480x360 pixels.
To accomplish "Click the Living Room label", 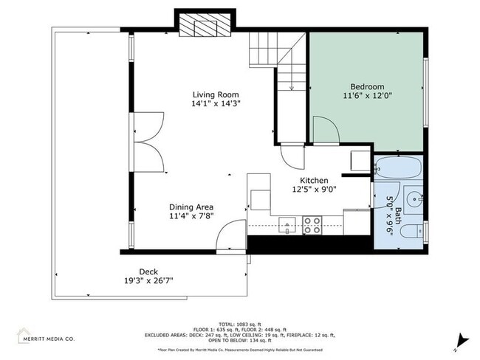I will click(x=216, y=94).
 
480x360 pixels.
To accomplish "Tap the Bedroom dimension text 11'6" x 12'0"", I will click(x=367, y=95).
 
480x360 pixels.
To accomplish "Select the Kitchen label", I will click(x=313, y=180).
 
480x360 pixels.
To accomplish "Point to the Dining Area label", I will click(x=192, y=207).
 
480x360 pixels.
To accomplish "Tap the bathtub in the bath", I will click(x=397, y=168).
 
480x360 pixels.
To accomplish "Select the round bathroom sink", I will click(x=414, y=198).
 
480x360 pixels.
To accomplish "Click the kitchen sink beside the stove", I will click(x=288, y=224).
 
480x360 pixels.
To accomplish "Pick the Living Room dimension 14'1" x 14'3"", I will click(x=216, y=104).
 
